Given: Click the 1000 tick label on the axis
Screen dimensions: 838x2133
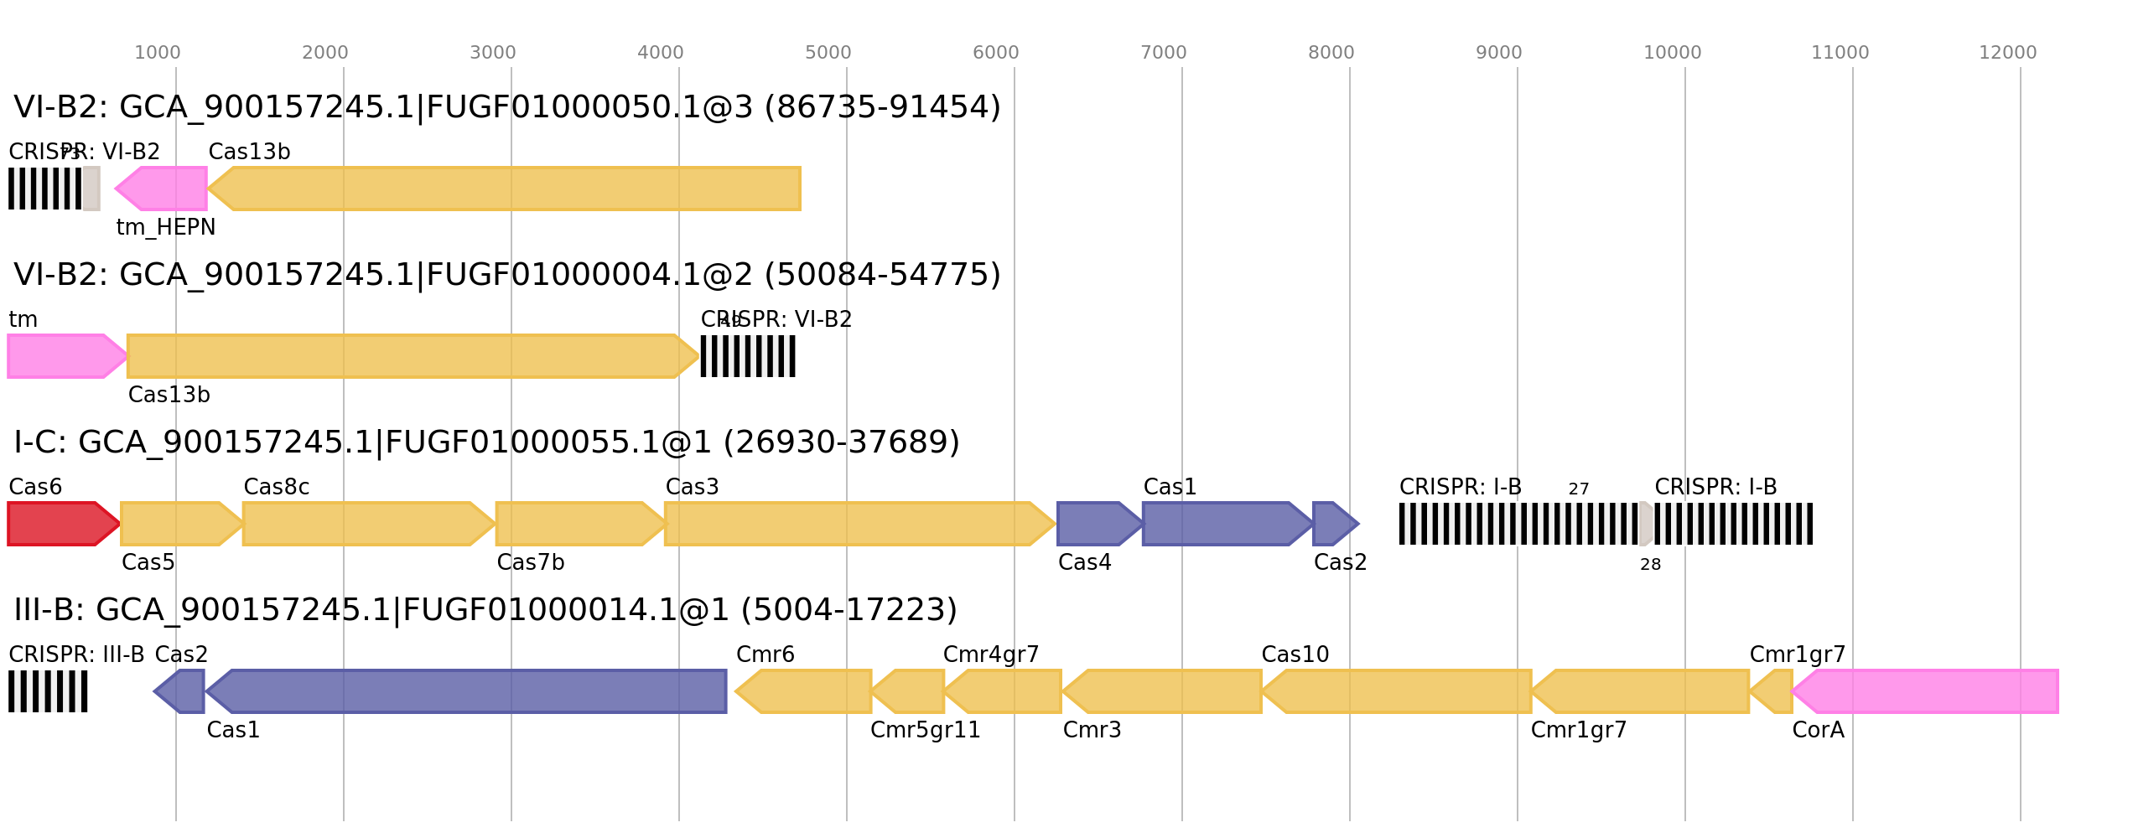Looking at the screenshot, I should pos(157,53).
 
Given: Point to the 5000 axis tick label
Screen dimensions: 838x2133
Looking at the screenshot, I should pos(828,53).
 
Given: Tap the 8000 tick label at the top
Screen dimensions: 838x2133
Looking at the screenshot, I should pos(1331,53).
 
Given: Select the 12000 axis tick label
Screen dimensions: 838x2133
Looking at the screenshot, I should pos(2007,53).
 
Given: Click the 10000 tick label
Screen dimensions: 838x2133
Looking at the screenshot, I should pos(1672,53).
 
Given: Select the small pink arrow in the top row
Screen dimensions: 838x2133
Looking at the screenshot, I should pos(163,189).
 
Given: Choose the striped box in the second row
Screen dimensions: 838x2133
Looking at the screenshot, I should pos(748,356).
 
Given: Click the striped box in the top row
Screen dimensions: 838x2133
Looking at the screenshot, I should pos(45,189).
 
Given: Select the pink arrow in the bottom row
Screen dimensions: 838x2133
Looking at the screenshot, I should pos(1928,691).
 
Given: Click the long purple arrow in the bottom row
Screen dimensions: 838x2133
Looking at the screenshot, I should pos(470,691).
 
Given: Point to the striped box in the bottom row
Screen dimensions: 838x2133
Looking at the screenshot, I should pos(48,691).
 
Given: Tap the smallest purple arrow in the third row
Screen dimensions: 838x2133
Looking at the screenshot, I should pos(1334,524).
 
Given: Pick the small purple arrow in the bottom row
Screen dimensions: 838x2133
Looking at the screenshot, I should pos(181,691).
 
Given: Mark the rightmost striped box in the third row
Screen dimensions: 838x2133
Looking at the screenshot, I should pos(1733,524).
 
